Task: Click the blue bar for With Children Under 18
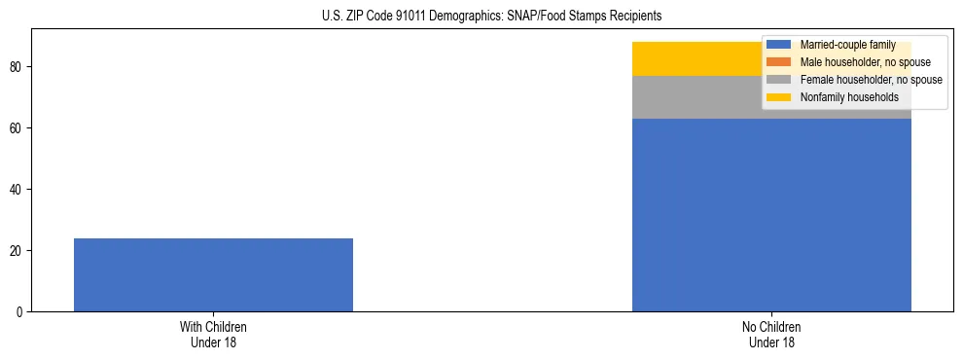[x=213, y=274]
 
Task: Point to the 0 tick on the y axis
[x=21, y=312]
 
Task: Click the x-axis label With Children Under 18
[x=213, y=335]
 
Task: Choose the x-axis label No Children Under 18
[x=771, y=335]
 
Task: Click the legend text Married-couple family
[x=847, y=45]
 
